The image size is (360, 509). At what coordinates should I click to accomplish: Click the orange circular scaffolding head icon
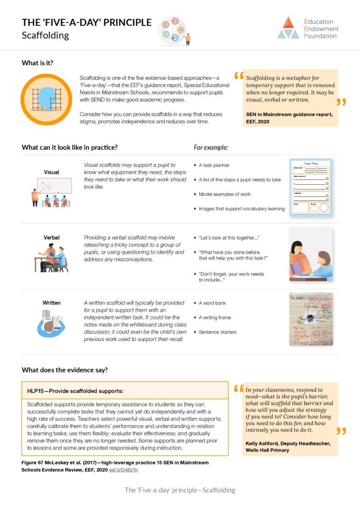46,99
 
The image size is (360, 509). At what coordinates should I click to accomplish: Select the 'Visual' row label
51,172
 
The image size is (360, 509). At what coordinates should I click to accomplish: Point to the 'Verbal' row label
51,237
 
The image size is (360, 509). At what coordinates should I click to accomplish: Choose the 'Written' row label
51,303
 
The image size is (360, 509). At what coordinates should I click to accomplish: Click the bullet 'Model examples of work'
224,194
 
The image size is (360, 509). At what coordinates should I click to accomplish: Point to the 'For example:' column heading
210,147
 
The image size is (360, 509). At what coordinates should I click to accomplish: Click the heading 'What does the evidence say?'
65,370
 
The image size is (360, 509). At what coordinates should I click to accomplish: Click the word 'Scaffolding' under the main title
45,36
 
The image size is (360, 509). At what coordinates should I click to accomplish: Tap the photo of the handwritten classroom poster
311,320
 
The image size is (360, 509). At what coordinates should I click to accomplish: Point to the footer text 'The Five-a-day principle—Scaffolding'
180,490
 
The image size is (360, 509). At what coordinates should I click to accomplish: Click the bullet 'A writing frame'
215,317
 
